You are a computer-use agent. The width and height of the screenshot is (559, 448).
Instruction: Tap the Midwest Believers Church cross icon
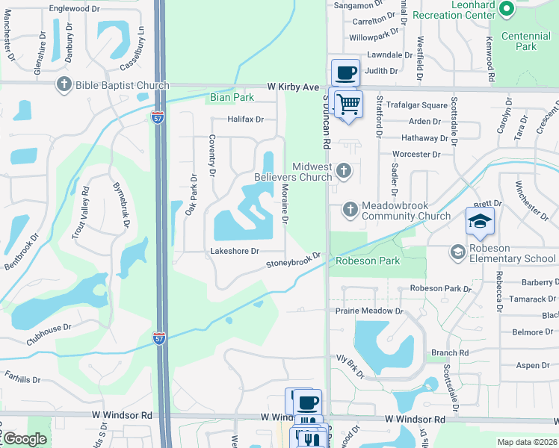coord(343,171)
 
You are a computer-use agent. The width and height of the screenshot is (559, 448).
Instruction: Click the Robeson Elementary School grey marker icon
coord(457,252)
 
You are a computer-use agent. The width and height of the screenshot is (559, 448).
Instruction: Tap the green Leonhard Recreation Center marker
coord(506,9)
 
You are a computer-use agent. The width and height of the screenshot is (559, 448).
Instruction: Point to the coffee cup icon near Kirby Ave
coord(345,73)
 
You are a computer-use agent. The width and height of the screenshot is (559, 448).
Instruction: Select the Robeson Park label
coord(368,261)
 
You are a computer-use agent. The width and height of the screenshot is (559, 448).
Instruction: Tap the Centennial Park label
coord(529,41)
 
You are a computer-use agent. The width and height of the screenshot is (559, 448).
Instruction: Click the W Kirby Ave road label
coord(293,87)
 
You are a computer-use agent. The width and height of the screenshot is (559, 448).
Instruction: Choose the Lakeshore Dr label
coord(235,252)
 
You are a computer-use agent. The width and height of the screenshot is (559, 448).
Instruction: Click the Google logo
coord(25,440)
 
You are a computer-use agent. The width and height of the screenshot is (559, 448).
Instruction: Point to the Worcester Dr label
coord(416,154)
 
